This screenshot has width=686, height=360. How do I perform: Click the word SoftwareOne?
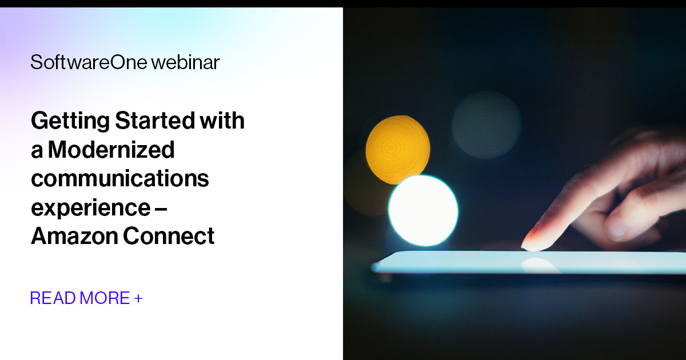(89, 62)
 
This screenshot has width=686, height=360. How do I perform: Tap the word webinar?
(185, 62)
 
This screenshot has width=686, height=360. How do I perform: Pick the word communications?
(120, 179)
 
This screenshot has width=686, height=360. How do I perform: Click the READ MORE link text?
(80, 298)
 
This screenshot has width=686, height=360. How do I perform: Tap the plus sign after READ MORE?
(138, 298)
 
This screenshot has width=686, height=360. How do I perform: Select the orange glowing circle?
(397, 149)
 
